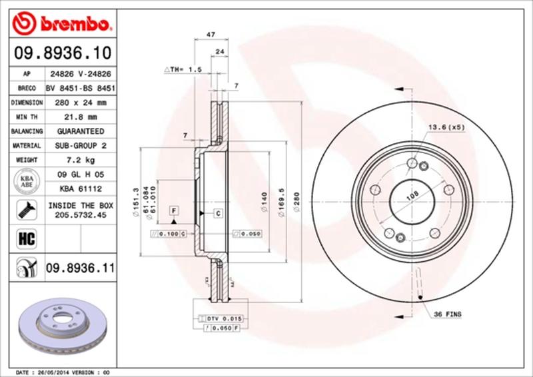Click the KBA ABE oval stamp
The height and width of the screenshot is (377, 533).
point(27,181)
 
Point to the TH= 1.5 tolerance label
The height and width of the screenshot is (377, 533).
point(183,69)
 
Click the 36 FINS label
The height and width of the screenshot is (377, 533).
point(448,313)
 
